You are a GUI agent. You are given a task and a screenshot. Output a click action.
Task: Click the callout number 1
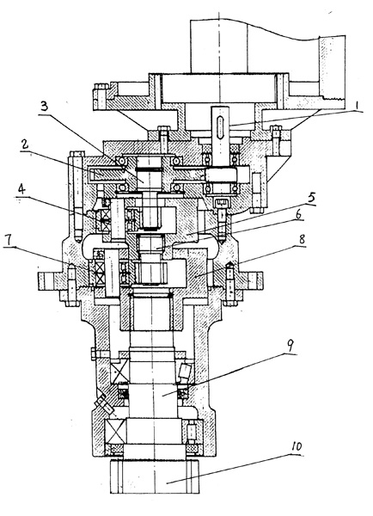click(x=357, y=106)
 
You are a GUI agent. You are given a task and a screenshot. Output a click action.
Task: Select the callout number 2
click(x=24, y=145)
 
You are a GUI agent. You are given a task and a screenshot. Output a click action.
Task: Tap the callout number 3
click(x=44, y=107)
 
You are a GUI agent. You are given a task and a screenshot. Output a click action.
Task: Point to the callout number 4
click(x=21, y=190)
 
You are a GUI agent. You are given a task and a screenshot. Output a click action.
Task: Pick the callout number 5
click(x=311, y=198)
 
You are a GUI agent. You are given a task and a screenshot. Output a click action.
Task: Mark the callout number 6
click(x=298, y=214)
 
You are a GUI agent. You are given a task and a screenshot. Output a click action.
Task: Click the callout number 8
click(x=302, y=239)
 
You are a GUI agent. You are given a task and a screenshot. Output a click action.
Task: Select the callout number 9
click(x=290, y=346)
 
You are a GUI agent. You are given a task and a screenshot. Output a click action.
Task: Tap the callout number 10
click(x=297, y=446)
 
